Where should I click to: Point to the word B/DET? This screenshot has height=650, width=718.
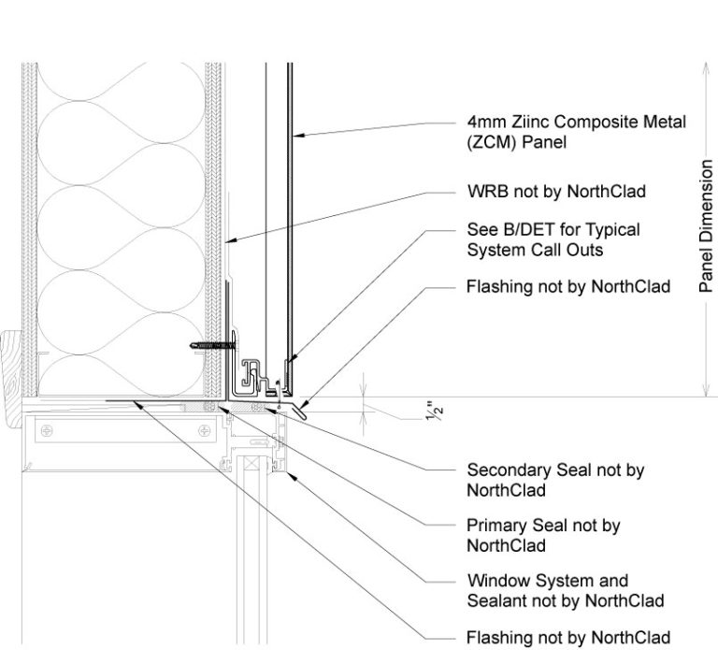point(520,229)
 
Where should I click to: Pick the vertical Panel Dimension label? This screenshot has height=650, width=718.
point(708,225)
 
